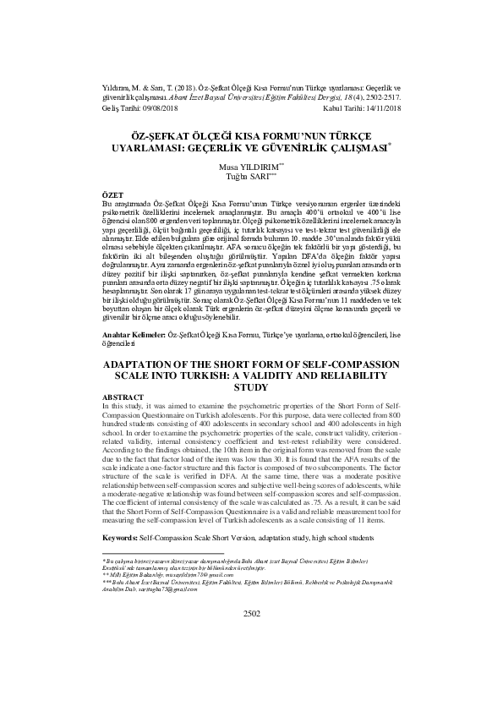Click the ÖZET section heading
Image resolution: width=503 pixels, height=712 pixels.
[x=112, y=194]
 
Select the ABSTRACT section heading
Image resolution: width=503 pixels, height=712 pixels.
[x=122, y=397]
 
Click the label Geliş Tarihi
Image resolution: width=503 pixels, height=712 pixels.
[x=118, y=108]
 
